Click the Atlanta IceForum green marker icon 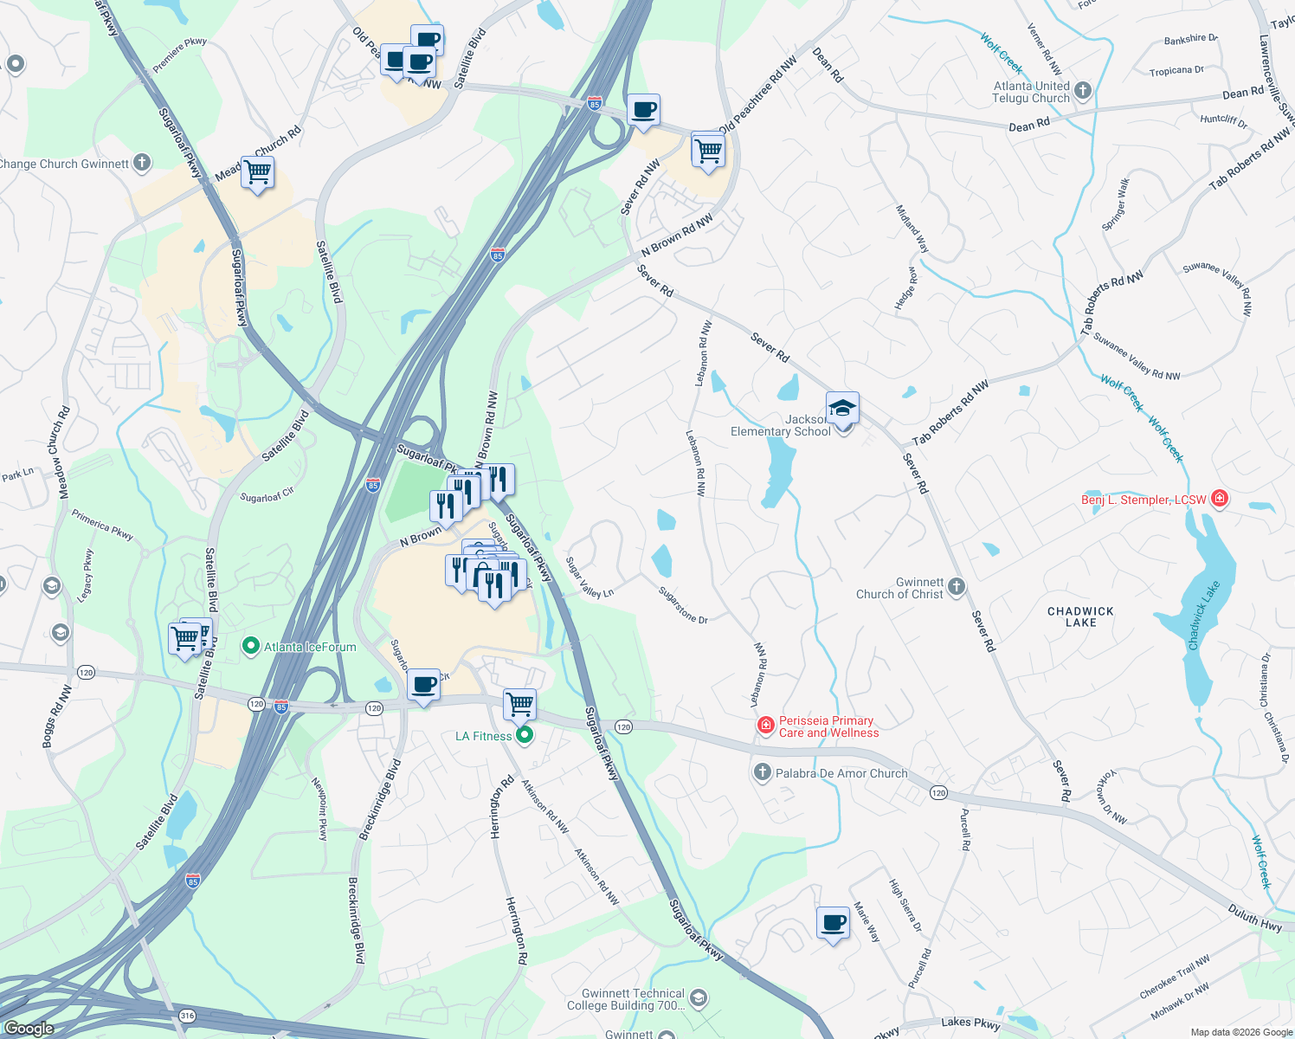(251, 646)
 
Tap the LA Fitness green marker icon (524, 736)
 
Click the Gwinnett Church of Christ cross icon (956, 587)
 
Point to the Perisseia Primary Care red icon (765, 726)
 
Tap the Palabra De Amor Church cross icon (762, 772)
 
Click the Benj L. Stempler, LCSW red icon (1219, 498)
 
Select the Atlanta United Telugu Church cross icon (1082, 91)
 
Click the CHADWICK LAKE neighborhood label (1080, 616)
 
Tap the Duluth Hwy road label (1254, 919)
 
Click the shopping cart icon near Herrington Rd (519, 705)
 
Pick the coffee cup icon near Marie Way (833, 923)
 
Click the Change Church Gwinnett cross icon (141, 162)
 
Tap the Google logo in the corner (29, 1029)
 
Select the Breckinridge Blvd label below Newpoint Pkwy (356, 920)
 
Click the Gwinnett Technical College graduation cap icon (699, 999)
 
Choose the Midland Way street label (912, 229)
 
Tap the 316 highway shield (187, 1016)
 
